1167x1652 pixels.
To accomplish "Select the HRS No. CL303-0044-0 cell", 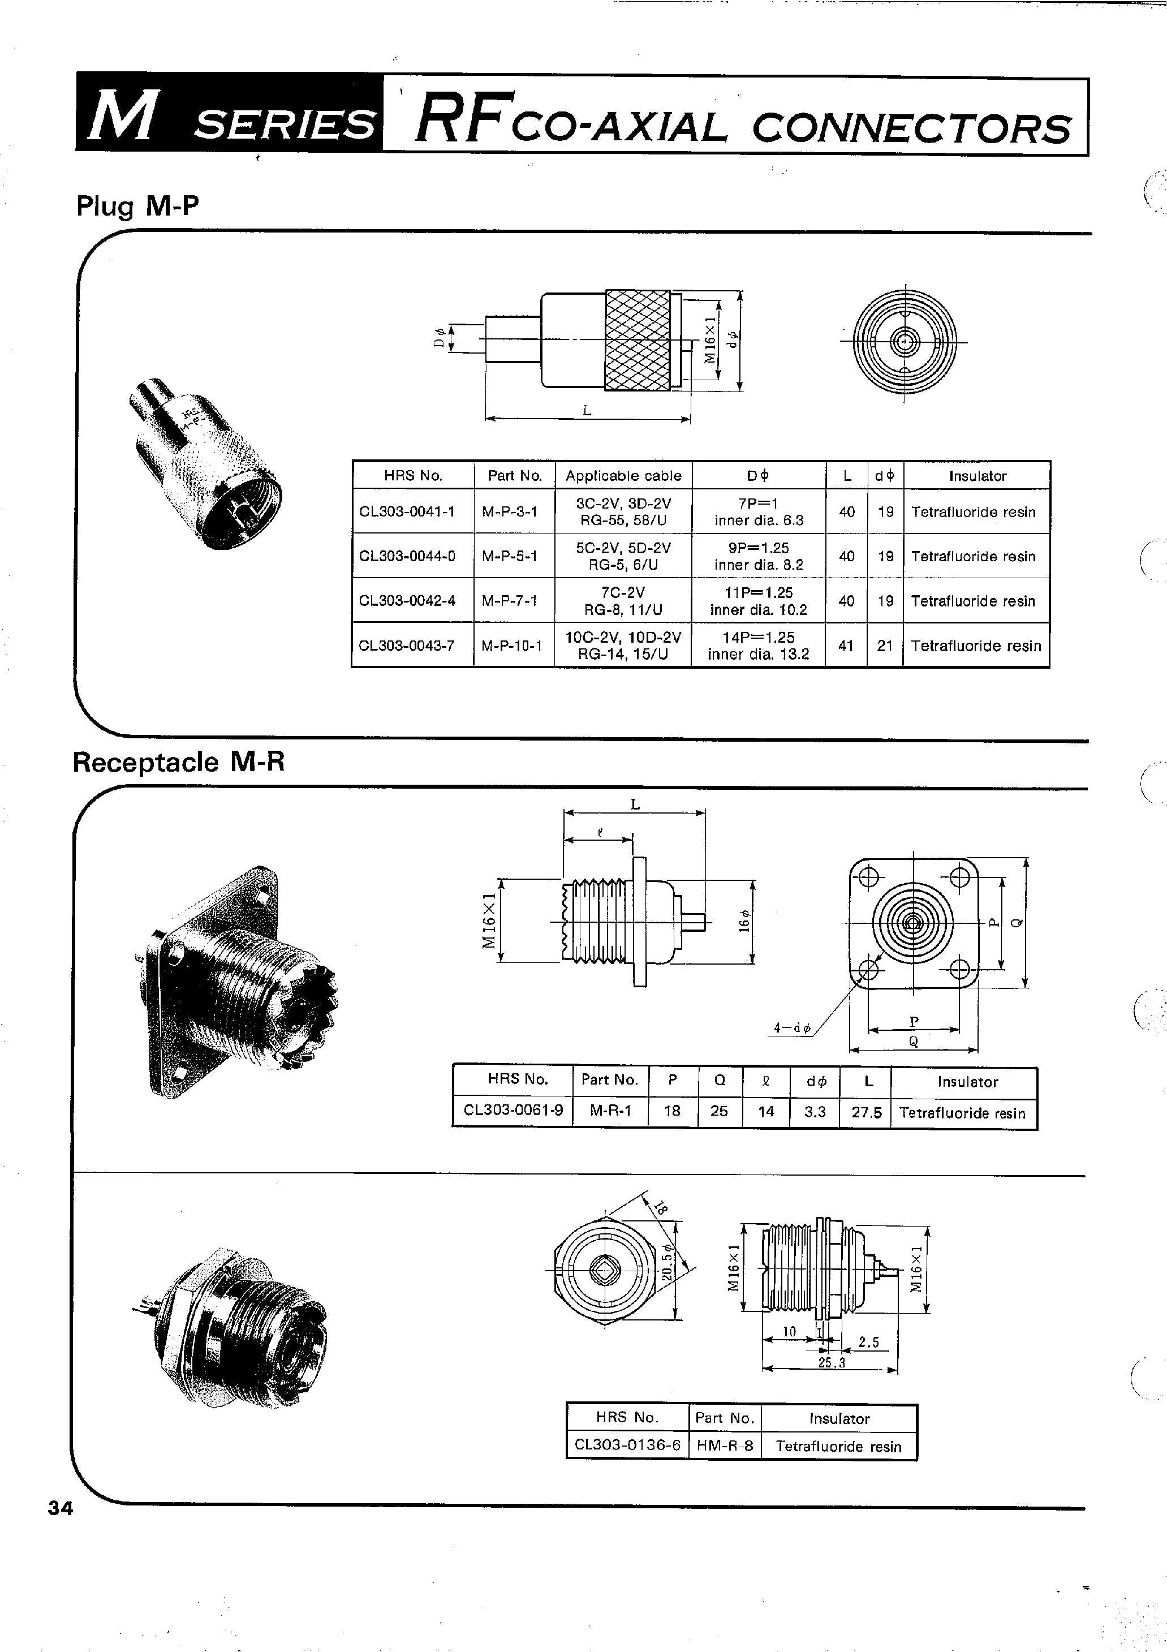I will click(407, 556).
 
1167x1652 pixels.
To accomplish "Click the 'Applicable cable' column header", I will click(623, 476).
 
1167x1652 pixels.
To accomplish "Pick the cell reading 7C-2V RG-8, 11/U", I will click(623, 601).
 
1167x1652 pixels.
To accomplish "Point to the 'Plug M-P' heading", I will click(137, 206).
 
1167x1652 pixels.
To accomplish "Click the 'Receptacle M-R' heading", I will click(178, 762).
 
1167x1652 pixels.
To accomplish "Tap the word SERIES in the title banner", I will click(284, 124).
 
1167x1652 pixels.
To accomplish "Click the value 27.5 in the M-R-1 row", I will click(866, 1112).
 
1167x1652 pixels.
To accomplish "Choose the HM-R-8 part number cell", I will click(725, 1446).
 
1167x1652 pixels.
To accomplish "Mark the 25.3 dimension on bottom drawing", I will click(831, 1362).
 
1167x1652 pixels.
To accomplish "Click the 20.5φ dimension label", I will click(666, 1263).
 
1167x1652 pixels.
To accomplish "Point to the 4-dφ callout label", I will click(791, 1028).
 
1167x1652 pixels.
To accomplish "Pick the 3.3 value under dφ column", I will click(815, 1112).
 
